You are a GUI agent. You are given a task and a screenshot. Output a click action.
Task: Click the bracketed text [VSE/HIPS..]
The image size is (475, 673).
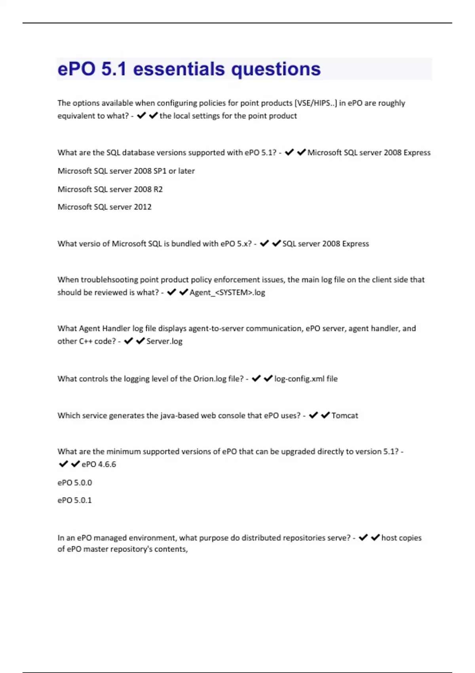pos(315,103)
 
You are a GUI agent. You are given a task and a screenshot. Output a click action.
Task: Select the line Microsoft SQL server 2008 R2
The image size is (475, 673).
pos(110,189)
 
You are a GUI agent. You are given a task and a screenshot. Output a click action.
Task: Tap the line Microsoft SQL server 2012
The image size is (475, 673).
pos(104,207)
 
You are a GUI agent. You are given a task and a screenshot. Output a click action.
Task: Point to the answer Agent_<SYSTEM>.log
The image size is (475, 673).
pos(227,293)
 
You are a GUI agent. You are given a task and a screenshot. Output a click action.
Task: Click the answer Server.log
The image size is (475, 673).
pos(164,341)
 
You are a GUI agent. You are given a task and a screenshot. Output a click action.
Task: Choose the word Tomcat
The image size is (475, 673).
pos(345,415)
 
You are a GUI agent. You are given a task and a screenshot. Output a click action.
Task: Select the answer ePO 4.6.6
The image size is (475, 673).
pos(99,464)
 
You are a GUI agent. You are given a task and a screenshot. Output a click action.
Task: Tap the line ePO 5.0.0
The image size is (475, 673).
pos(75,483)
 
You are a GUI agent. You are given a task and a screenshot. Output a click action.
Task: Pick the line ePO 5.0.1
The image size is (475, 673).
pos(74,500)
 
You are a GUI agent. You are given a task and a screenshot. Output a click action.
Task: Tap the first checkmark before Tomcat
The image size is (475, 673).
pos(313,415)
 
